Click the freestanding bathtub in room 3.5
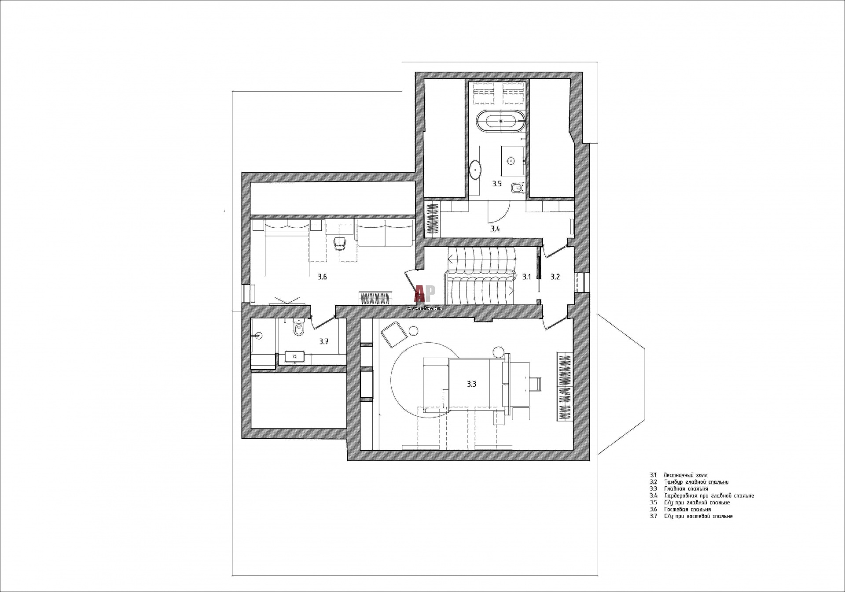pyautogui.click(x=501, y=121)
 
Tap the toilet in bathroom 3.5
pyautogui.click(x=517, y=189)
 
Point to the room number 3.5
pyautogui.click(x=497, y=184)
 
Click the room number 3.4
pyautogui.click(x=496, y=229)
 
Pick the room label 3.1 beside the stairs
pyautogui.click(x=527, y=277)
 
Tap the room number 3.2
pyautogui.click(x=555, y=277)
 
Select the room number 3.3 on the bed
pyautogui.click(x=472, y=384)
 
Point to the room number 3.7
pyautogui.click(x=324, y=341)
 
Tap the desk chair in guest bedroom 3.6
pyautogui.click(x=340, y=244)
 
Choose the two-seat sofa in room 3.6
pyautogui.click(x=385, y=233)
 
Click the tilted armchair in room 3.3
pyautogui.click(x=394, y=334)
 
